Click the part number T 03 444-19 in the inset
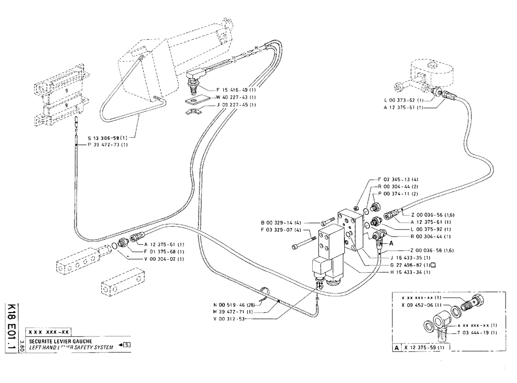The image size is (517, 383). click(x=478, y=332)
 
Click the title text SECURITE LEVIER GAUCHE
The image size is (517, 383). click(x=60, y=342)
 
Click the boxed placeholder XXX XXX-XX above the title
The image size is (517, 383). click(x=50, y=332)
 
